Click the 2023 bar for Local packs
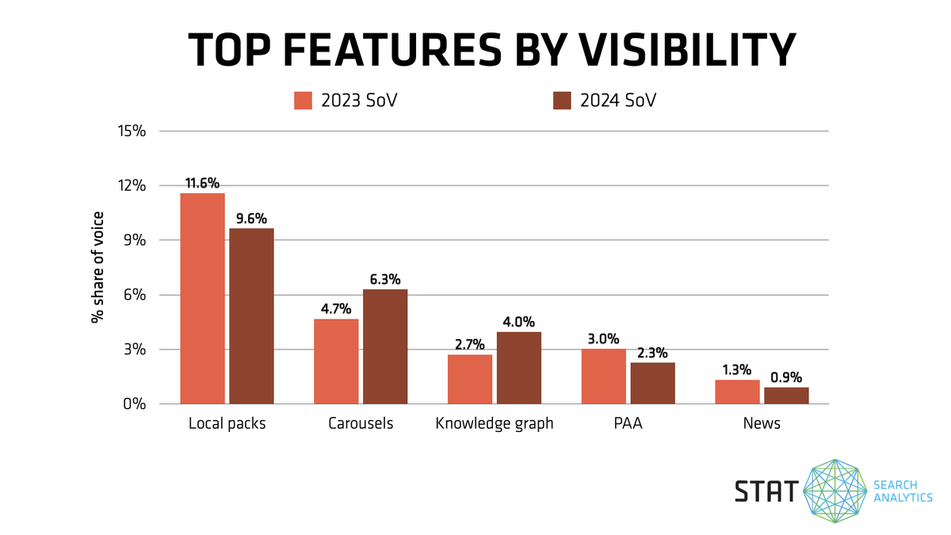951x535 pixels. coord(202,299)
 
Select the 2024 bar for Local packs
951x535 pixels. coord(251,316)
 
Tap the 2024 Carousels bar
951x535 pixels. coord(385,346)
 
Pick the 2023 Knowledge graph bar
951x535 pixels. coord(470,379)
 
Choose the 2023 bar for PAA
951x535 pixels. coord(603,376)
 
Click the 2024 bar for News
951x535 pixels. coord(786,396)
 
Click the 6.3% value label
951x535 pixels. coord(385,280)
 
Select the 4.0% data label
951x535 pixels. coord(519,323)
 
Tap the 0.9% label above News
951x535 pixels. coord(786,377)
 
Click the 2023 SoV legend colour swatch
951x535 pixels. coord(304,101)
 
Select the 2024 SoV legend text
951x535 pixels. coord(617,101)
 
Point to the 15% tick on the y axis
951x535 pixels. coord(130,132)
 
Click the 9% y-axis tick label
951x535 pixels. coord(135,240)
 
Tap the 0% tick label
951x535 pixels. coord(135,404)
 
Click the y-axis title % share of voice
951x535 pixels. coord(97,268)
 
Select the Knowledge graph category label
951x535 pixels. coord(495,423)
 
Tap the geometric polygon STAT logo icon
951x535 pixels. coord(835,491)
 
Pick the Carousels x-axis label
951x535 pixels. coord(361,423)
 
